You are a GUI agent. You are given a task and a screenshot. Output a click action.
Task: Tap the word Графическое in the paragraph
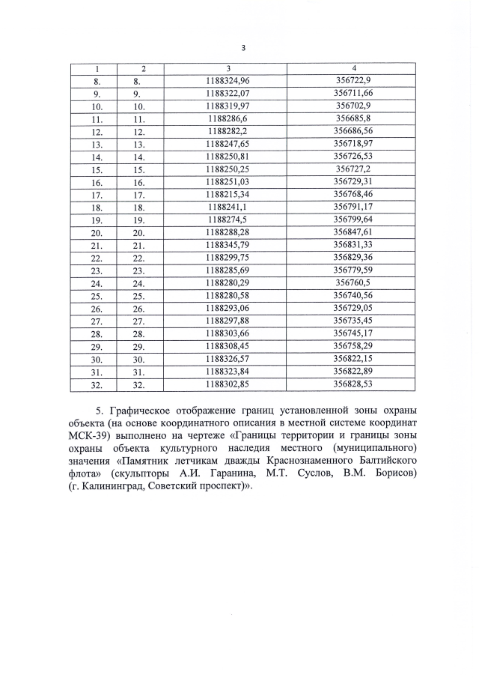click(x=152, y=411)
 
